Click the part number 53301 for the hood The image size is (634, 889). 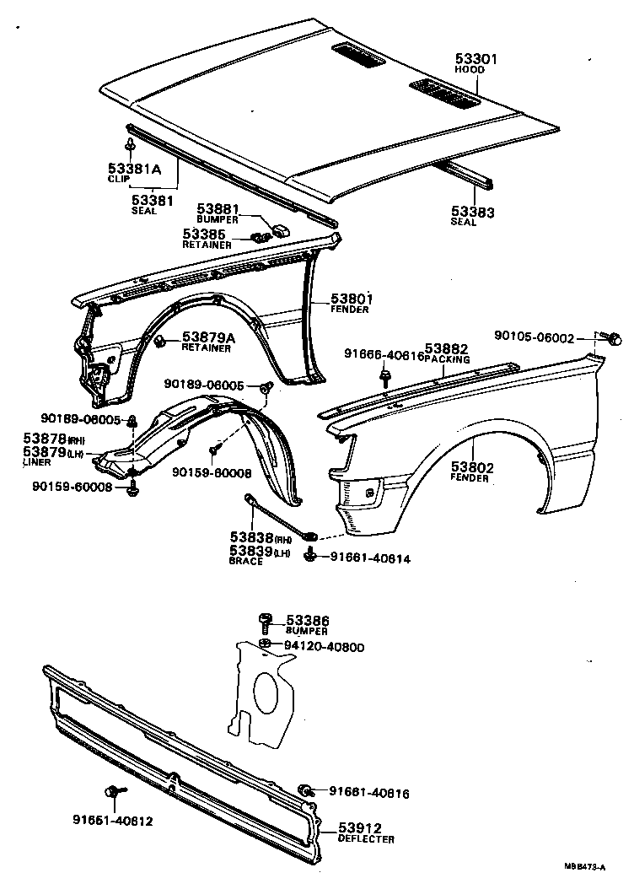(x=476, y=59)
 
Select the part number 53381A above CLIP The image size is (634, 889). (x=134, y=169)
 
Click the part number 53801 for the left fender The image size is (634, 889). (x=351, y=299)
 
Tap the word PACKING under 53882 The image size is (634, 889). (x=447, y=358)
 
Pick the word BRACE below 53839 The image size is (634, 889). (x=246, y=561)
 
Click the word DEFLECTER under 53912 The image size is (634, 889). (x=367, y=839)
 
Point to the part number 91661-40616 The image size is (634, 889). (x=369, y=793)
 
